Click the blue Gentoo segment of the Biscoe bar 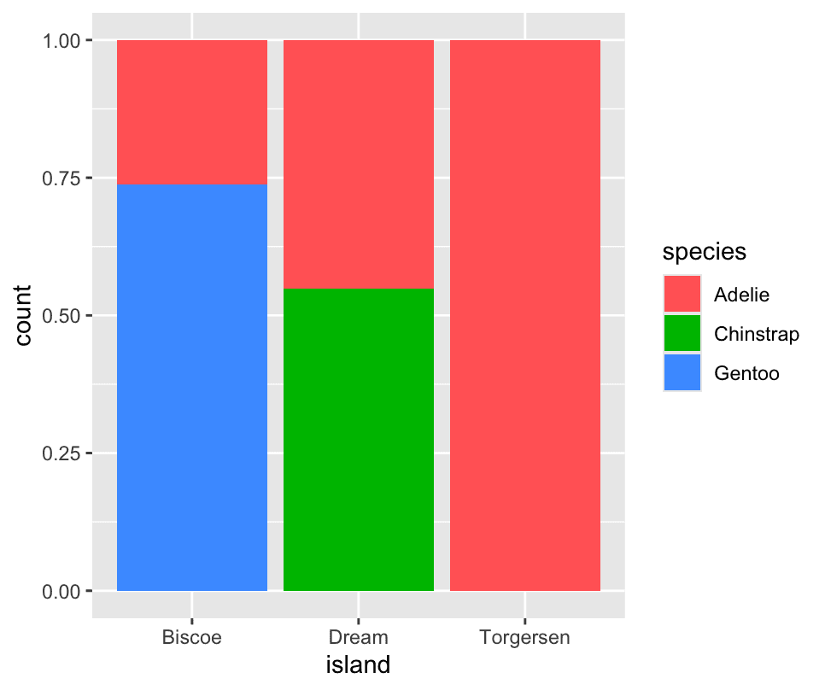point(192,387)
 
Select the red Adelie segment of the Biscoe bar point(192,112)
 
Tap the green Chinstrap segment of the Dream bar point(359,439)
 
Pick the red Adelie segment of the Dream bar point(359,164)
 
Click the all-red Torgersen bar point(525,315)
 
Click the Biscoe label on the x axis point(192,637)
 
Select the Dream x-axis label point(359,637)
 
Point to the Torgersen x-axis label point(525,637)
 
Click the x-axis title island point(359,664)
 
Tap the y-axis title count point(23,315)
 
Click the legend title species point(705,252)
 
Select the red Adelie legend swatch point(682,295)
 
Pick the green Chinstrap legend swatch point(682,334)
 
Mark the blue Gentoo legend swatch point(682,373)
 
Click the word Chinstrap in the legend point(757,334)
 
